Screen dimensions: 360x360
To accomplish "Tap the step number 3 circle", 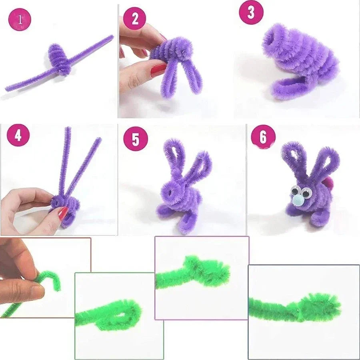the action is (x=251, y=12).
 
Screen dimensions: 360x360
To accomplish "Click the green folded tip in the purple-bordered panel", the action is (x=212, y=272).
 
